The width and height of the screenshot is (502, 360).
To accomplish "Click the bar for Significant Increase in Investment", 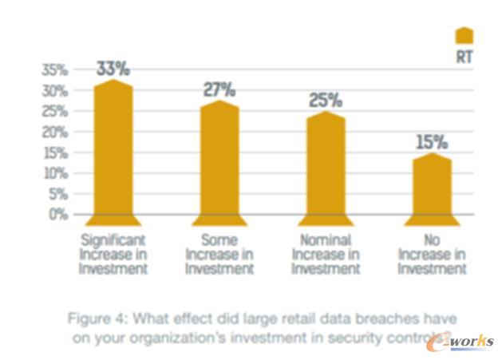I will tap(113, 152).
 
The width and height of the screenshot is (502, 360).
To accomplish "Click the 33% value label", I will tap(113, 69).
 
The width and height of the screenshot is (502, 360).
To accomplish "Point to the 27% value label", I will tap(219, 89).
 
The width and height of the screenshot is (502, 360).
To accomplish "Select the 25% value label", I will tap(325, 101).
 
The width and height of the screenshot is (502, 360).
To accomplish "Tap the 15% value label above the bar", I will tap(431, 142).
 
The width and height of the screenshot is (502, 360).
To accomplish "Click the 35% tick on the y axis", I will tap(54, 70).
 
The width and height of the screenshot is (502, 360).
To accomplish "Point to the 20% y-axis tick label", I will tap(54, 132).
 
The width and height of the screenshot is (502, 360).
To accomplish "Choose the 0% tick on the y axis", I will tap(58, 214).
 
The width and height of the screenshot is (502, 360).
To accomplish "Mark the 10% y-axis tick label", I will tap(54, 173).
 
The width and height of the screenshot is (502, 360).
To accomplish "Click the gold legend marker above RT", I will tap(464, 35).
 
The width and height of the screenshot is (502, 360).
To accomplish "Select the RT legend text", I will tap(464, 57).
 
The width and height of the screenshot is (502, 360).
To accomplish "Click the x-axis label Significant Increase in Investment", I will tap(113, 254).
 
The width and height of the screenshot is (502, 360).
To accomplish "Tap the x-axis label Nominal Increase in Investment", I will tap(326, 254).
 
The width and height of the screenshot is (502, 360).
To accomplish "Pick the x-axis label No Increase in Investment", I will tap(431, 254).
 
